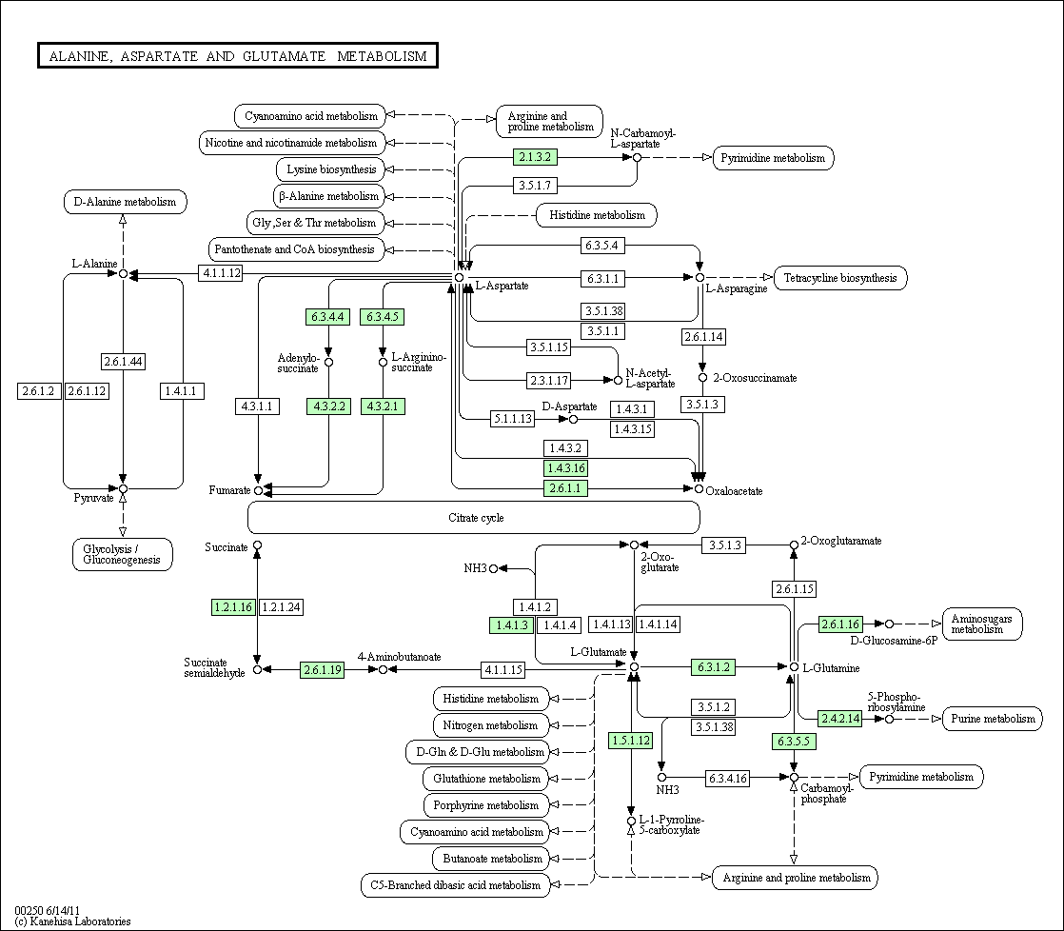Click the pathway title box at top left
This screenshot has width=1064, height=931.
pos(238,55)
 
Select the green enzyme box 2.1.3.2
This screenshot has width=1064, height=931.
pos(535,157)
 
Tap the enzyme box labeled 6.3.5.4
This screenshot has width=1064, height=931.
pos(601,245)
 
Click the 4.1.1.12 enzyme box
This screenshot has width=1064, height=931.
pos(221,273)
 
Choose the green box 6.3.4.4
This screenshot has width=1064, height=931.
pos(327,316)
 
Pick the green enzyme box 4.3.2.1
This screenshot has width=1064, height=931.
pos(383,406)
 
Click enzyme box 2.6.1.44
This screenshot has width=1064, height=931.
pos(124,361)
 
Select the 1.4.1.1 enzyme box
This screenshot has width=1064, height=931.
pos(182,391)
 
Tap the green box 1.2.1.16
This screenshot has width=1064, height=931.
pos(233,606)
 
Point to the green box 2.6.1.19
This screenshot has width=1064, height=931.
pos(323,670)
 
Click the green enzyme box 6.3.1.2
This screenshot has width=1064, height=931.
pos(713,667)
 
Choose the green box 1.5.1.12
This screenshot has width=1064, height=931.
pos(631,741)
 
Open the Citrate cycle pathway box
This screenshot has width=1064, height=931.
pos(474,517)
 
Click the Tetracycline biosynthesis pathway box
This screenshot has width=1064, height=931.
pos(840,278)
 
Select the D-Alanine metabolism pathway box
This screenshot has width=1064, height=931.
pos(126,202)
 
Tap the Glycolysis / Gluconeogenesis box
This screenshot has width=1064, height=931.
pos(122,554)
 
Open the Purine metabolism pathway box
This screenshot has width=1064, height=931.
pos(993,719)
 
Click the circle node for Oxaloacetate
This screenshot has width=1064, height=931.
pos(699,488)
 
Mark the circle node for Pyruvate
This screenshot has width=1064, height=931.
pos(123,488)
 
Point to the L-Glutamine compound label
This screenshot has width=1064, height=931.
pos(831,668)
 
